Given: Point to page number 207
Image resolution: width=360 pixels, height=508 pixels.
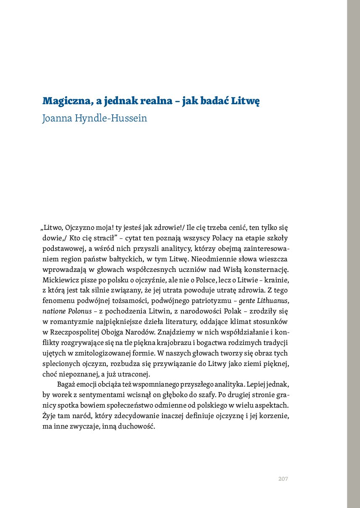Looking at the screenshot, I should click(283, 479).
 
